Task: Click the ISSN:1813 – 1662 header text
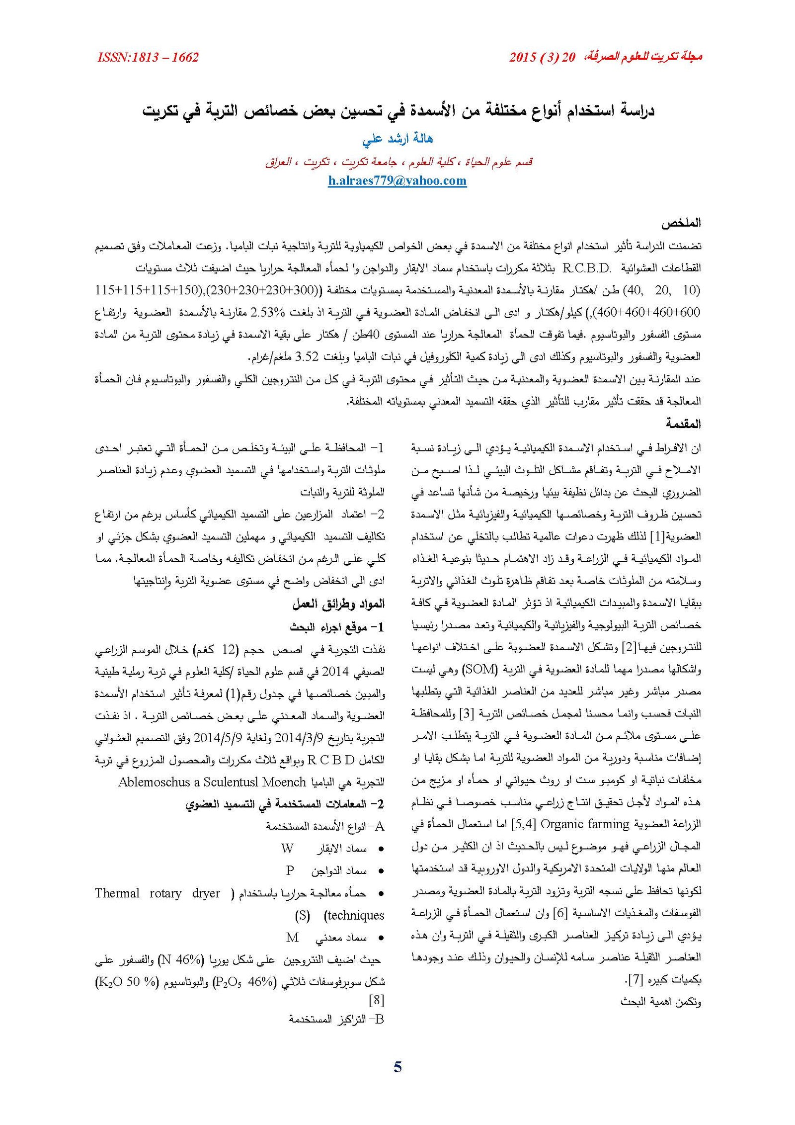pos(148,58)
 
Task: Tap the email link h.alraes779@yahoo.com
pos(397,180)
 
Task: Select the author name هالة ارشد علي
pos(397,139)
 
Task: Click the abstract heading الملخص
pos(681,223)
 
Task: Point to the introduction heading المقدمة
pos(683,424)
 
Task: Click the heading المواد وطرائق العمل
pos(338,604)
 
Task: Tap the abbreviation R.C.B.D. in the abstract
pos(587,268)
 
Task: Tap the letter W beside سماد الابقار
pos(287,849)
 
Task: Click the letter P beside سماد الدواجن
pos(290,870)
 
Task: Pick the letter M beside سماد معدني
pos(293,937)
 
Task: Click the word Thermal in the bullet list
pos(117,893)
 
